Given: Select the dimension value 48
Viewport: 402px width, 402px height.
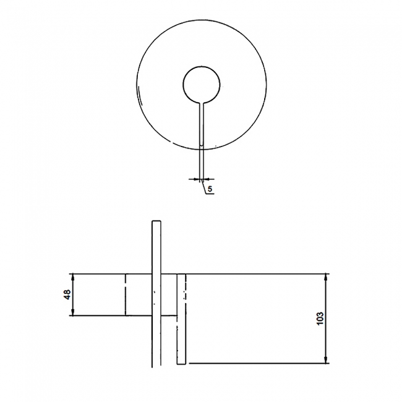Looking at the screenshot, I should [66, 294].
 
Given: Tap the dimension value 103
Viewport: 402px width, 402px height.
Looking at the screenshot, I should [320, 318].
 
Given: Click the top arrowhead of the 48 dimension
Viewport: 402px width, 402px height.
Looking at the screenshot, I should [72, 275].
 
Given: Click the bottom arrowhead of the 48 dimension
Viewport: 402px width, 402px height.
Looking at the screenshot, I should [72, 314].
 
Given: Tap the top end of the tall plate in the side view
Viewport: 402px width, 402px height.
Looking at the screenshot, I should [155, 221].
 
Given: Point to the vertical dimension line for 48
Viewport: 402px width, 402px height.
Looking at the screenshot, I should [72, 294].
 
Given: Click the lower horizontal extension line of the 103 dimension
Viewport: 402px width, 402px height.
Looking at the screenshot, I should [260, 363].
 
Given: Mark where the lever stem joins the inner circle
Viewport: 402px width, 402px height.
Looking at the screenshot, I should [202, 100].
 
